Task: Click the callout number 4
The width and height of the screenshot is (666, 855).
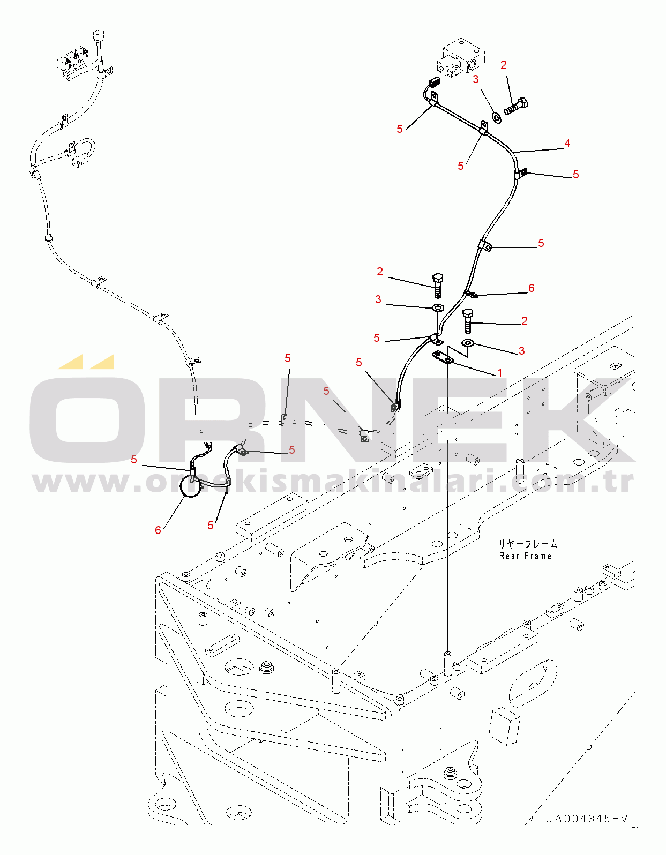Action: tap(567, 144)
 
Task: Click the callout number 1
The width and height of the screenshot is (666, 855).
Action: tap(499, 372)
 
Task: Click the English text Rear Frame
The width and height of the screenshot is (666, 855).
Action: tap(525, 556)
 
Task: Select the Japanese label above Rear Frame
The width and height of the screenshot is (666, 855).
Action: tap(528, 544)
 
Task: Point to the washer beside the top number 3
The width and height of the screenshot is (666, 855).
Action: tap(497, 117)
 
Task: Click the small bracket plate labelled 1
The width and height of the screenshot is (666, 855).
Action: tap(443, 357)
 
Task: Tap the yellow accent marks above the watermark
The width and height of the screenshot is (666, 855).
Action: tap(87, 362)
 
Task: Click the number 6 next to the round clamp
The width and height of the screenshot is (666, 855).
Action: tap(158, 530)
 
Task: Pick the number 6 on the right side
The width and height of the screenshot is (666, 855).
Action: tap(531, 288)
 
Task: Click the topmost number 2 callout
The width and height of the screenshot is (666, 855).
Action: tap(504, 65)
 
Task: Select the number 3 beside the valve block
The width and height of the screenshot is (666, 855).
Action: tap(476, 79)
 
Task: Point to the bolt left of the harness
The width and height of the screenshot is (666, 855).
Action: tap(438, 286)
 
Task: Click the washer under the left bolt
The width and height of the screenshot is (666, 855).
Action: tap(438, 307)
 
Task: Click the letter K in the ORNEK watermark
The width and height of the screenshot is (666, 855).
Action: tap(572, 420)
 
